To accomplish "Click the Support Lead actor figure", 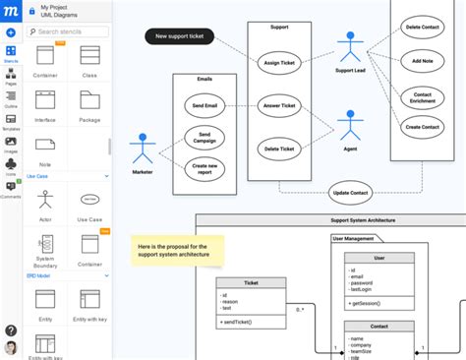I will click(349, 49).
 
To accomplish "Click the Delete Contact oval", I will click(423, 28).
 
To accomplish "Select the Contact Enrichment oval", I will click(423, 97).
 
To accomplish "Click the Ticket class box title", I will click(251, 282).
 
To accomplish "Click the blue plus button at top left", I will click(11, 32).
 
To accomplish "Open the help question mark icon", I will click(11, 330).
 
